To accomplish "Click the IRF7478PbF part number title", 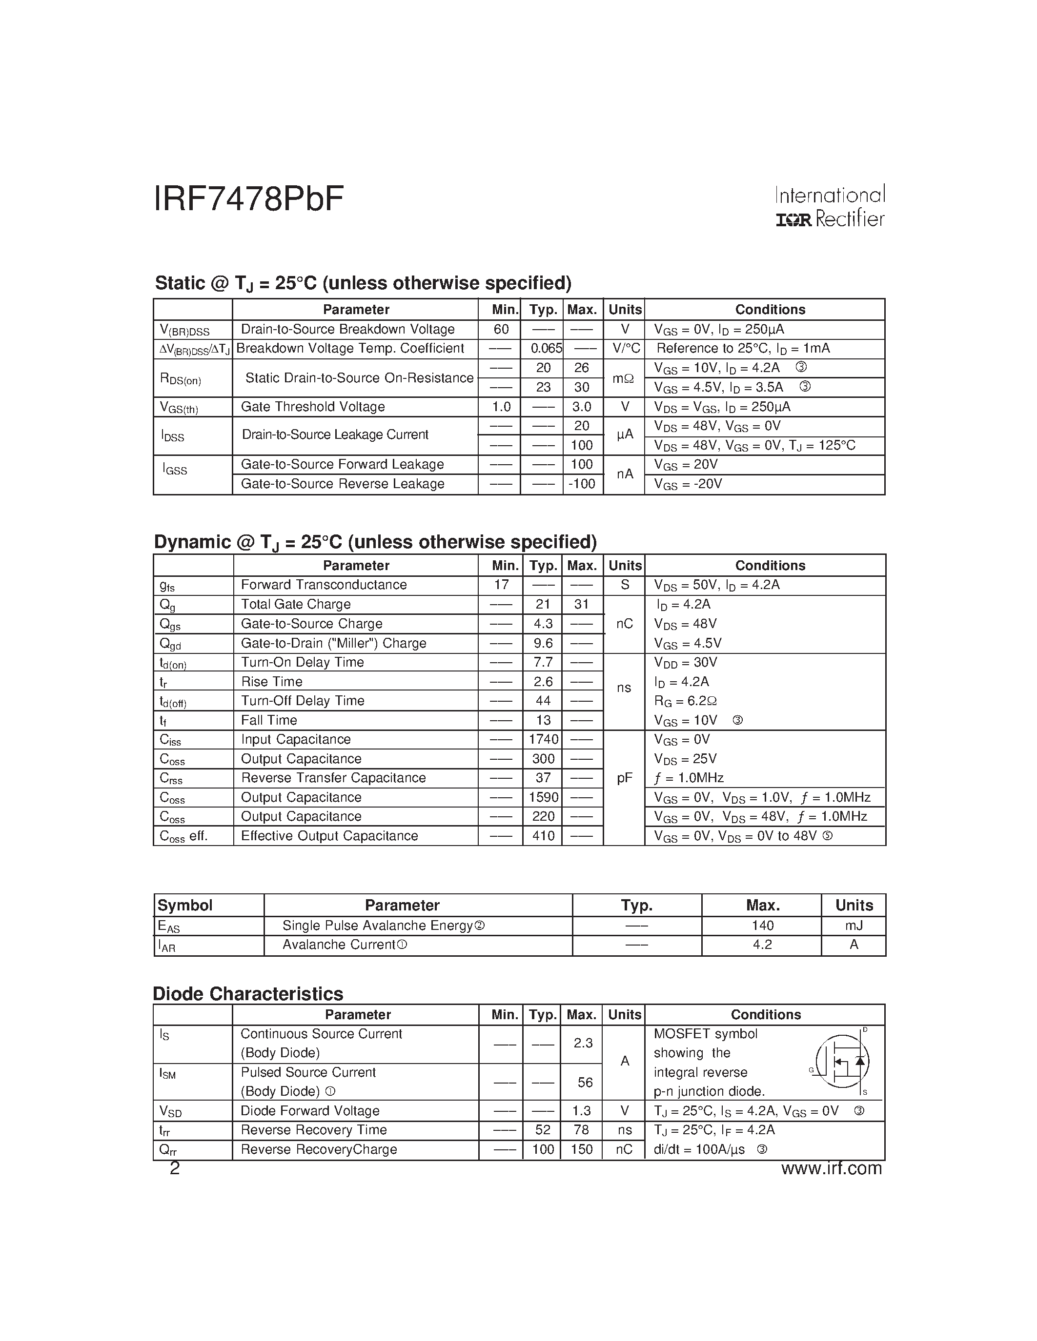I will coord(248,199).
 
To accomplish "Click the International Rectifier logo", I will coord(829,207).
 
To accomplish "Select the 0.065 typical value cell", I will coord(546,348).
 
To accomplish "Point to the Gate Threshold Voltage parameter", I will coord(313,407).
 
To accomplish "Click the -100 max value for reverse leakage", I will coord(582,484).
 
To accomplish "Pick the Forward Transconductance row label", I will coord(324,585).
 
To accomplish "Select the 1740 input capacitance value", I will coord(543,739).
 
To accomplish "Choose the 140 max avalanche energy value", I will coord(762,926).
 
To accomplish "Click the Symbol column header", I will coord(185,906).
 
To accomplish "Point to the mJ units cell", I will coord(854,926).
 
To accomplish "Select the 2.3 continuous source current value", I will coord(582,1043).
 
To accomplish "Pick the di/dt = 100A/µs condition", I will coord(699,1149).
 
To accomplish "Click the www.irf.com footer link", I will coord(831,1168).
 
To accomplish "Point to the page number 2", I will coord(175,1168).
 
